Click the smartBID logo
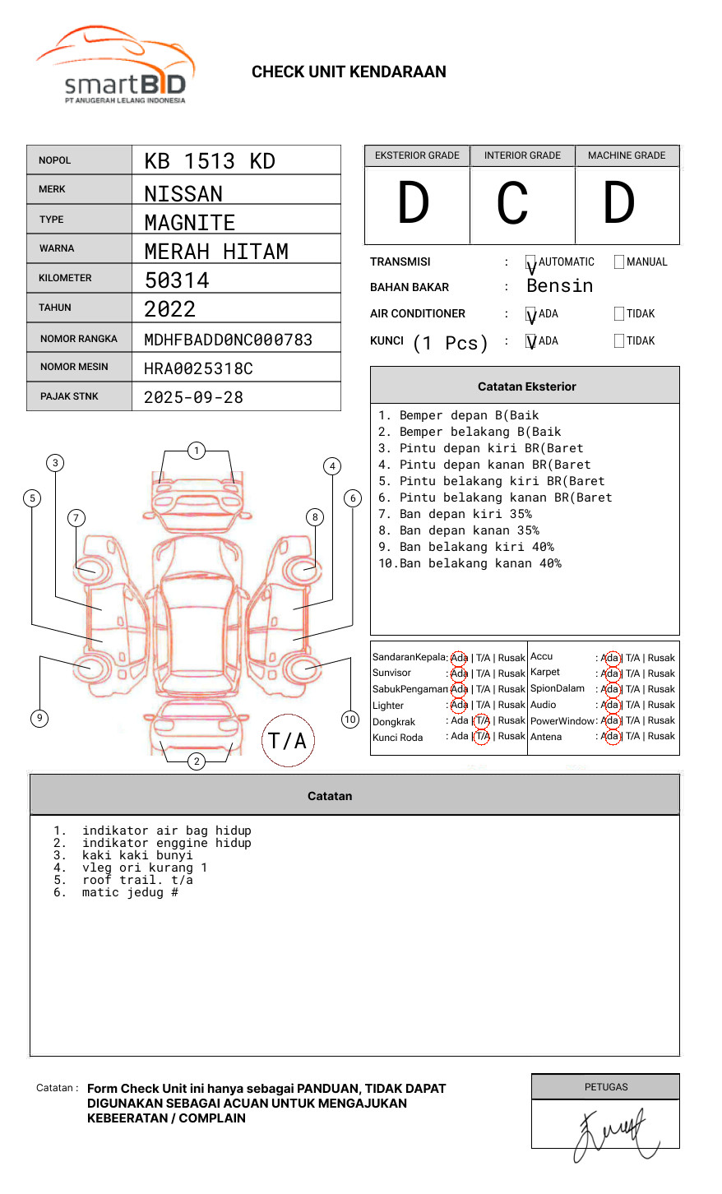pos(115,66)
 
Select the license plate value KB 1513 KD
pos(210,161)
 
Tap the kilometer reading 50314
pos(177,280)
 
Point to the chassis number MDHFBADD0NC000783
pos(228,340)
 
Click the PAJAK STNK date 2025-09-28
pos(193,397)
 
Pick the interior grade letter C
pos(512,204)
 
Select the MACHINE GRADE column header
pos(627,155)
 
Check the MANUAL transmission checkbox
pos(619,262)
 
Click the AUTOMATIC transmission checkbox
pos(531,263)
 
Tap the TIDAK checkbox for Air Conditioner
pos(619,314)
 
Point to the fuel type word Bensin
pos(559,286)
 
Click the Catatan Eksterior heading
pos(526,386)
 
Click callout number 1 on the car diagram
pos(196,451)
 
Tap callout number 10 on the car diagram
pos(350,720)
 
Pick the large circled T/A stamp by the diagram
pos(288,741)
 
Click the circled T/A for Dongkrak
pos(483,721)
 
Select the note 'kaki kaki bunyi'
pos(137,855)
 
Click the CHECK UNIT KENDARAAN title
pos(349,72)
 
